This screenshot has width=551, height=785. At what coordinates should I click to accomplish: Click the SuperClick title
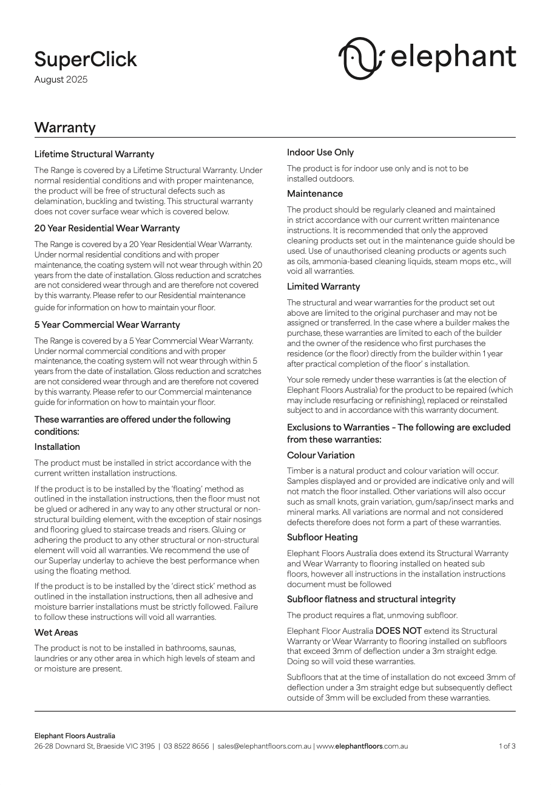pyautogui.click(x=86, y=59)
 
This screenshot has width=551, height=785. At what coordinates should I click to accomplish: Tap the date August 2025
pyautogui.click(x=61, y=80)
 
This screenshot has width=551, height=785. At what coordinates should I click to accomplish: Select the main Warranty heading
pyautogui.click(x=65, y=127)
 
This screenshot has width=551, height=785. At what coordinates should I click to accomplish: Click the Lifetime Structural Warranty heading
pyautogui.click(x=94, y=154)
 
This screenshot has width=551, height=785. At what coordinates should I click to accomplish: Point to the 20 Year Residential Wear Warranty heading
pyautogui.click(x=107, y=228)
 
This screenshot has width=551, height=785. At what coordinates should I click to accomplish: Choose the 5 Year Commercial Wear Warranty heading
pyautogui.click(x=107, y=325)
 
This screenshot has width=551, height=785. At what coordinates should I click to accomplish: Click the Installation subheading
pyautogui.click(x=57, y=447)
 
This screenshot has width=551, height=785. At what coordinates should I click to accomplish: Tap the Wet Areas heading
pyautogui.click(x=56, y=633)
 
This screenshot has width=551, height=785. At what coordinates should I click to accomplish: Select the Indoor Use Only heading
pyautogui.click(x=320, y=152)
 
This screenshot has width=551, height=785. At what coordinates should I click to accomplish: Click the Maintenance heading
pyautogui.click(x=315, y=194)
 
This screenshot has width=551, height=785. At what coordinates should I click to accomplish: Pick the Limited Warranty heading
pyautogui.click(x=323, y=287)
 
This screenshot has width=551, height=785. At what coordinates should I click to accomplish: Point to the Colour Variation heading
pyautogui.click(x=321, y=455)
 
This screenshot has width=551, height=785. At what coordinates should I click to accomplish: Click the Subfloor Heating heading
pyautogui.click(x=322, y=537)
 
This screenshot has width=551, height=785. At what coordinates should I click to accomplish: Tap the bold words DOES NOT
pyautogui.click(x=398, y=631)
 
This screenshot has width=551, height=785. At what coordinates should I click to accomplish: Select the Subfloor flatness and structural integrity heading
pyautogui.click(x=371, y=599)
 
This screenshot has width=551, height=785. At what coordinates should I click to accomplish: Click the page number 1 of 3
pyautogui.click(x=507, y=746)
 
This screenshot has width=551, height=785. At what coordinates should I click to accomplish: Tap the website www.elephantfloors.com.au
pyautogui.click(x=362, y=746)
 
